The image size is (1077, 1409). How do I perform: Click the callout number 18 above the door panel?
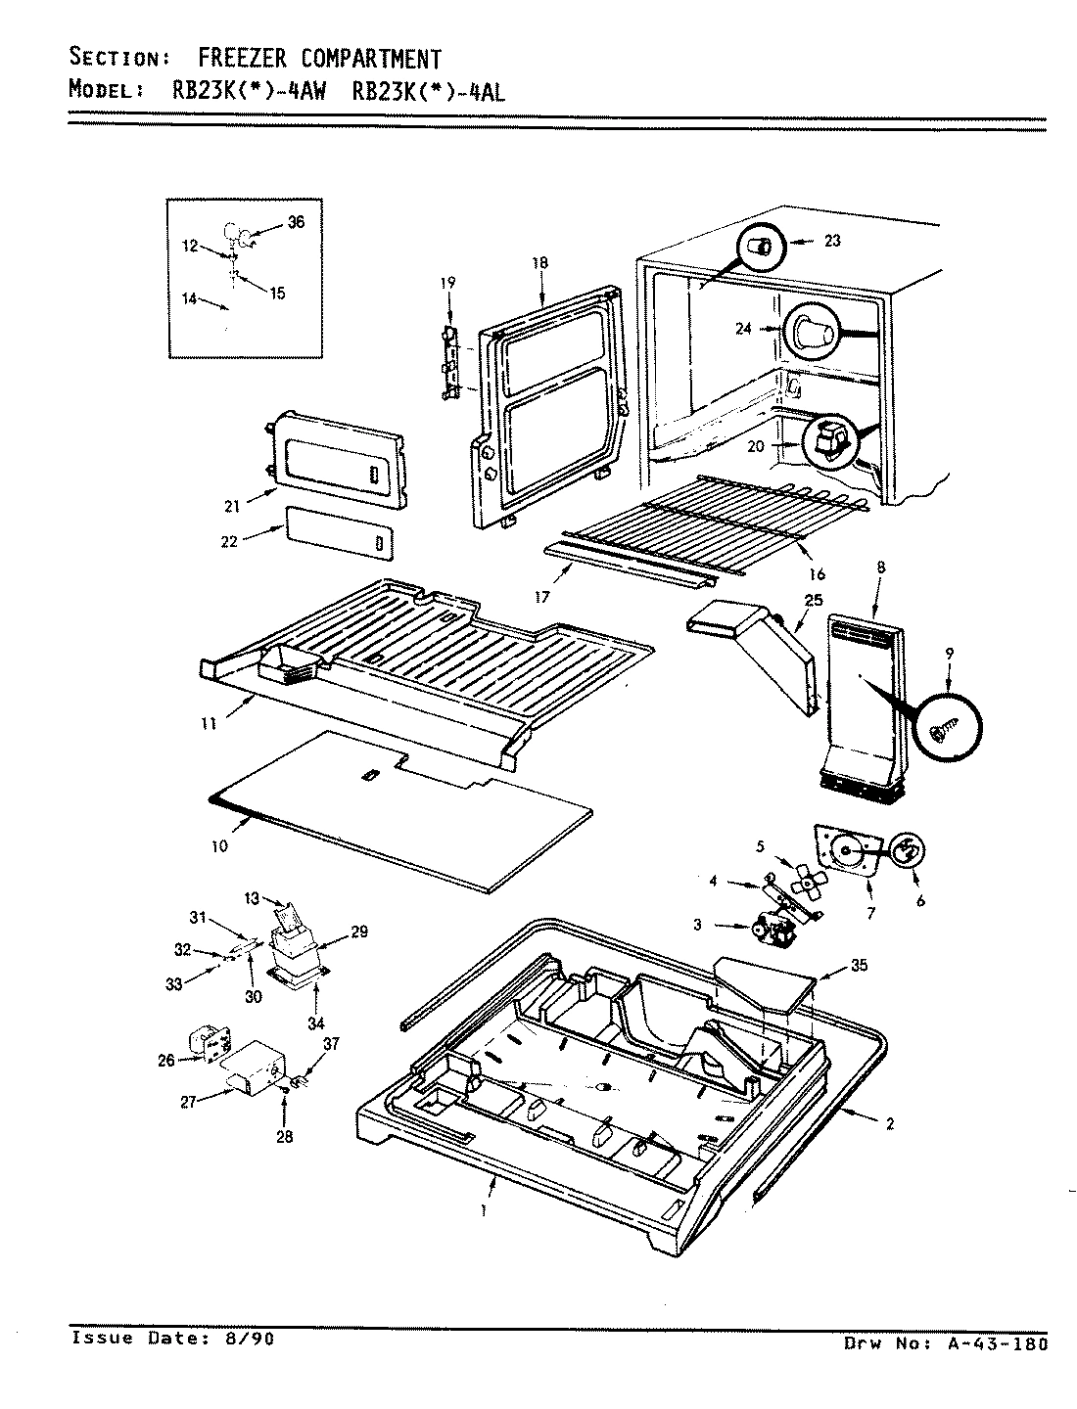pyautogui.click(x=540, y=263)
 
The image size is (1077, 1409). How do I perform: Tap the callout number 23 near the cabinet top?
pyautogui.click(x=831, y=241)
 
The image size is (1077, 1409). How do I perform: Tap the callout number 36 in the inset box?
pyautogui.click(x=296, y=222)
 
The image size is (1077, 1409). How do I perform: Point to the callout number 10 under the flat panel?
pyautogui.click(x=219, y=846)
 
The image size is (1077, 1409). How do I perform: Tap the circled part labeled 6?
pyautogui.click(x=907, y=851)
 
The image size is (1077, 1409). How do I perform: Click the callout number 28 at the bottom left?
pyautogui.click(x=284, y=1136)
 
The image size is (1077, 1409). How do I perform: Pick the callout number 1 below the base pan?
pyautogui.click(x=484, y=1209)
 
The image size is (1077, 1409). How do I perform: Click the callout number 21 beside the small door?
pyautogui.click(x=231, y=506)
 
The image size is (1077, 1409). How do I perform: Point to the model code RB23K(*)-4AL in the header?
pyautogui.click(x=428, y=91)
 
